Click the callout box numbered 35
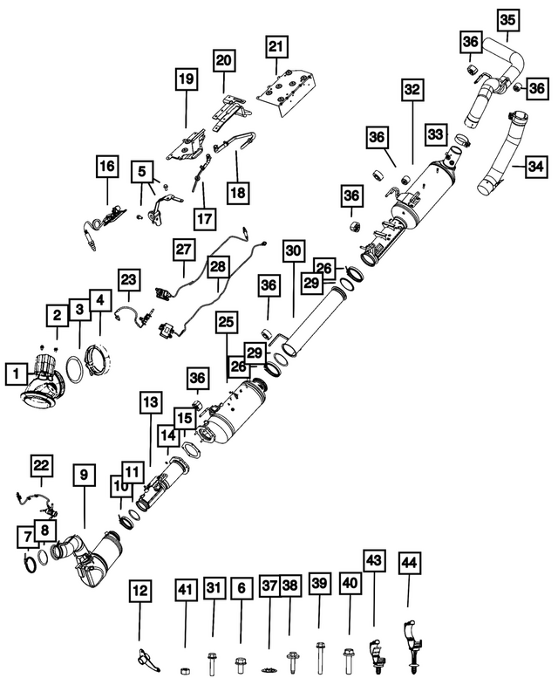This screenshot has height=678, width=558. click(x=508, y=20)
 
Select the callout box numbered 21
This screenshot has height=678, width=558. click(x=276, y=47)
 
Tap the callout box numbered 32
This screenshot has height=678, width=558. click(x=412, y=90)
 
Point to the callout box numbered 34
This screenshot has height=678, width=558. click(x=536, y=167)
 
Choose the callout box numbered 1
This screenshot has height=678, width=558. click(x=17, y=373)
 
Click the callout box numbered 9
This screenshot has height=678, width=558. click(x=85, y=476)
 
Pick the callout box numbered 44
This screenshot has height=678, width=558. click(x=409, y=563)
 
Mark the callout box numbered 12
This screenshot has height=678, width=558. click(x=139, y=591)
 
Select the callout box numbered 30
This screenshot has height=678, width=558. click(x=293, y=251)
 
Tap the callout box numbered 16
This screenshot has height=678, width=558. click(x=107, y=167)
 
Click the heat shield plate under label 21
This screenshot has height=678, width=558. click(x=288, y=92)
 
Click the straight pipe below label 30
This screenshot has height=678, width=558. click(x=314, y=323)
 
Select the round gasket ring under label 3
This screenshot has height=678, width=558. click(x=74, y=370)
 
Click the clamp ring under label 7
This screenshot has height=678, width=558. click(x=30, y=565)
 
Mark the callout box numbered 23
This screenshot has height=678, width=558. click(x=128, y=280)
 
